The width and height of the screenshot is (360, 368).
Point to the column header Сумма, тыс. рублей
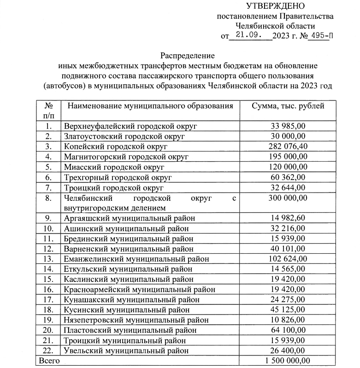288,106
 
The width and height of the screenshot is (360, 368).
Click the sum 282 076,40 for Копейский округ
288,146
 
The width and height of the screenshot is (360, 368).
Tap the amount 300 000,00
288,198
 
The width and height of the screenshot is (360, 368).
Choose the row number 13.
48,259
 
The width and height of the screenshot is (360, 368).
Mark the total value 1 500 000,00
288,361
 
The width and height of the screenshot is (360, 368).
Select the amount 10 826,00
288,320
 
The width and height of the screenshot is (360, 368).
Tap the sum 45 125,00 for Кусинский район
288,310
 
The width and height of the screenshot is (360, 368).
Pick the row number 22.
48,350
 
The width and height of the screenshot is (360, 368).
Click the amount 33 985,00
288,126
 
